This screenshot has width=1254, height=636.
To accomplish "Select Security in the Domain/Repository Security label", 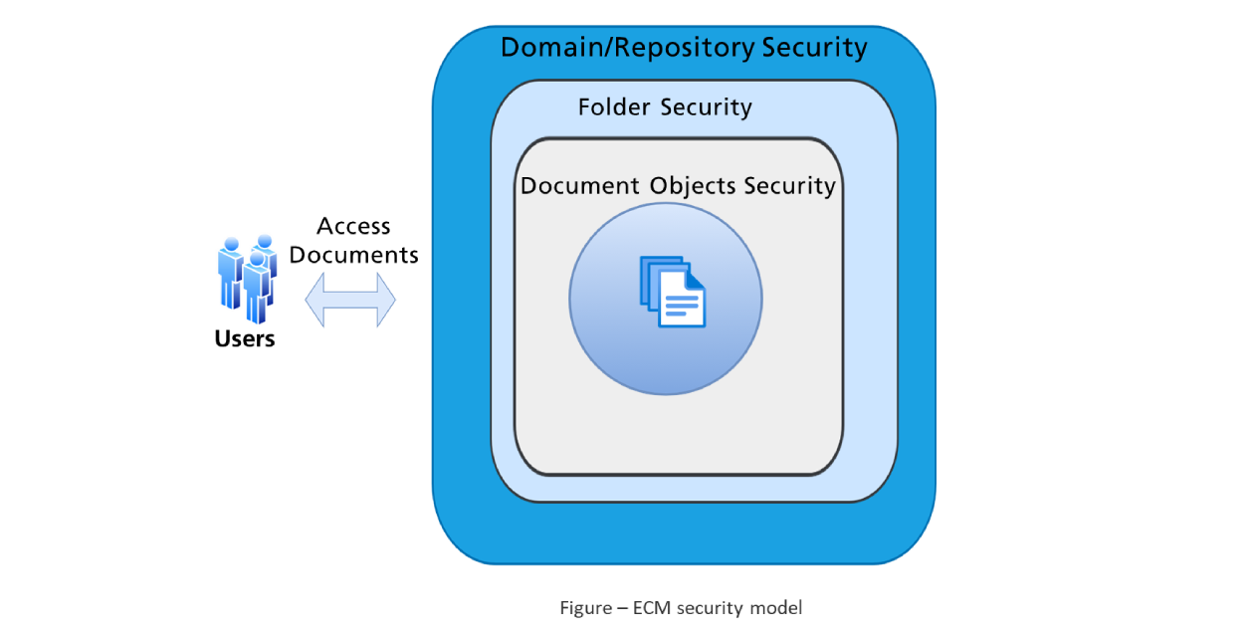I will (x=814, y=48).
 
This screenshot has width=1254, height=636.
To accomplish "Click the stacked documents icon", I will (x=672, y=291).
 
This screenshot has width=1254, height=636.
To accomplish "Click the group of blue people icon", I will (x=247, y=278).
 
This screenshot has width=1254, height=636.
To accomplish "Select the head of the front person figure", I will (x=257, y=259).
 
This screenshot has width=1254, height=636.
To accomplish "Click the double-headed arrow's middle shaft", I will (x=350, y=299).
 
